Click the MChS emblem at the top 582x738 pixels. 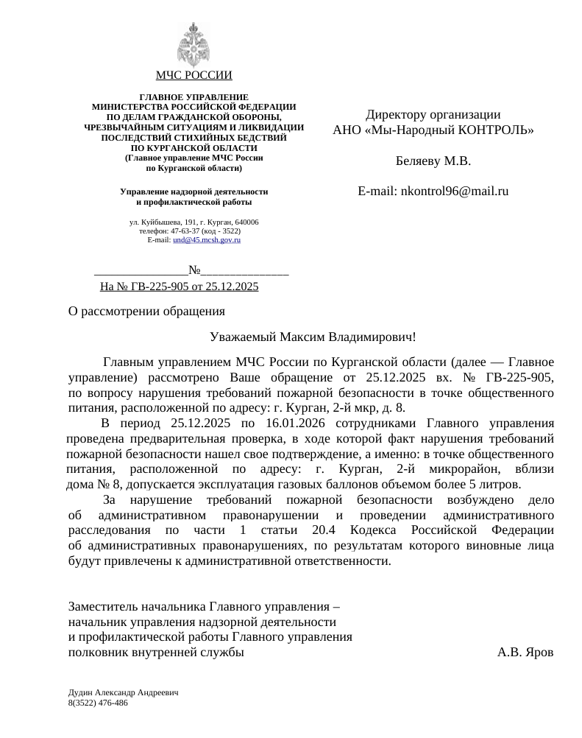(x=194, y=43)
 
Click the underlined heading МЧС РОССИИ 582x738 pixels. (x=194, y=75)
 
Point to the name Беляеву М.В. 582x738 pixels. (x=433, y=161)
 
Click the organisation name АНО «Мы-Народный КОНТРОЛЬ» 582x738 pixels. (x=433, y=130)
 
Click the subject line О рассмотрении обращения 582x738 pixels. (x=146, y=311)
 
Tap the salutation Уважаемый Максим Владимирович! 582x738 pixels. (x=313, y=337)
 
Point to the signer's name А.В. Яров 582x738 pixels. (x=525, y=652)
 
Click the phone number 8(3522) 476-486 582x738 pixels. (x=98, y=703)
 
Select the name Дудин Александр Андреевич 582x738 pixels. (x=122, y=693)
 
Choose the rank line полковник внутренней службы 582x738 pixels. (x=156, y=652)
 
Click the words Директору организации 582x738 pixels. (x=433, y=115)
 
